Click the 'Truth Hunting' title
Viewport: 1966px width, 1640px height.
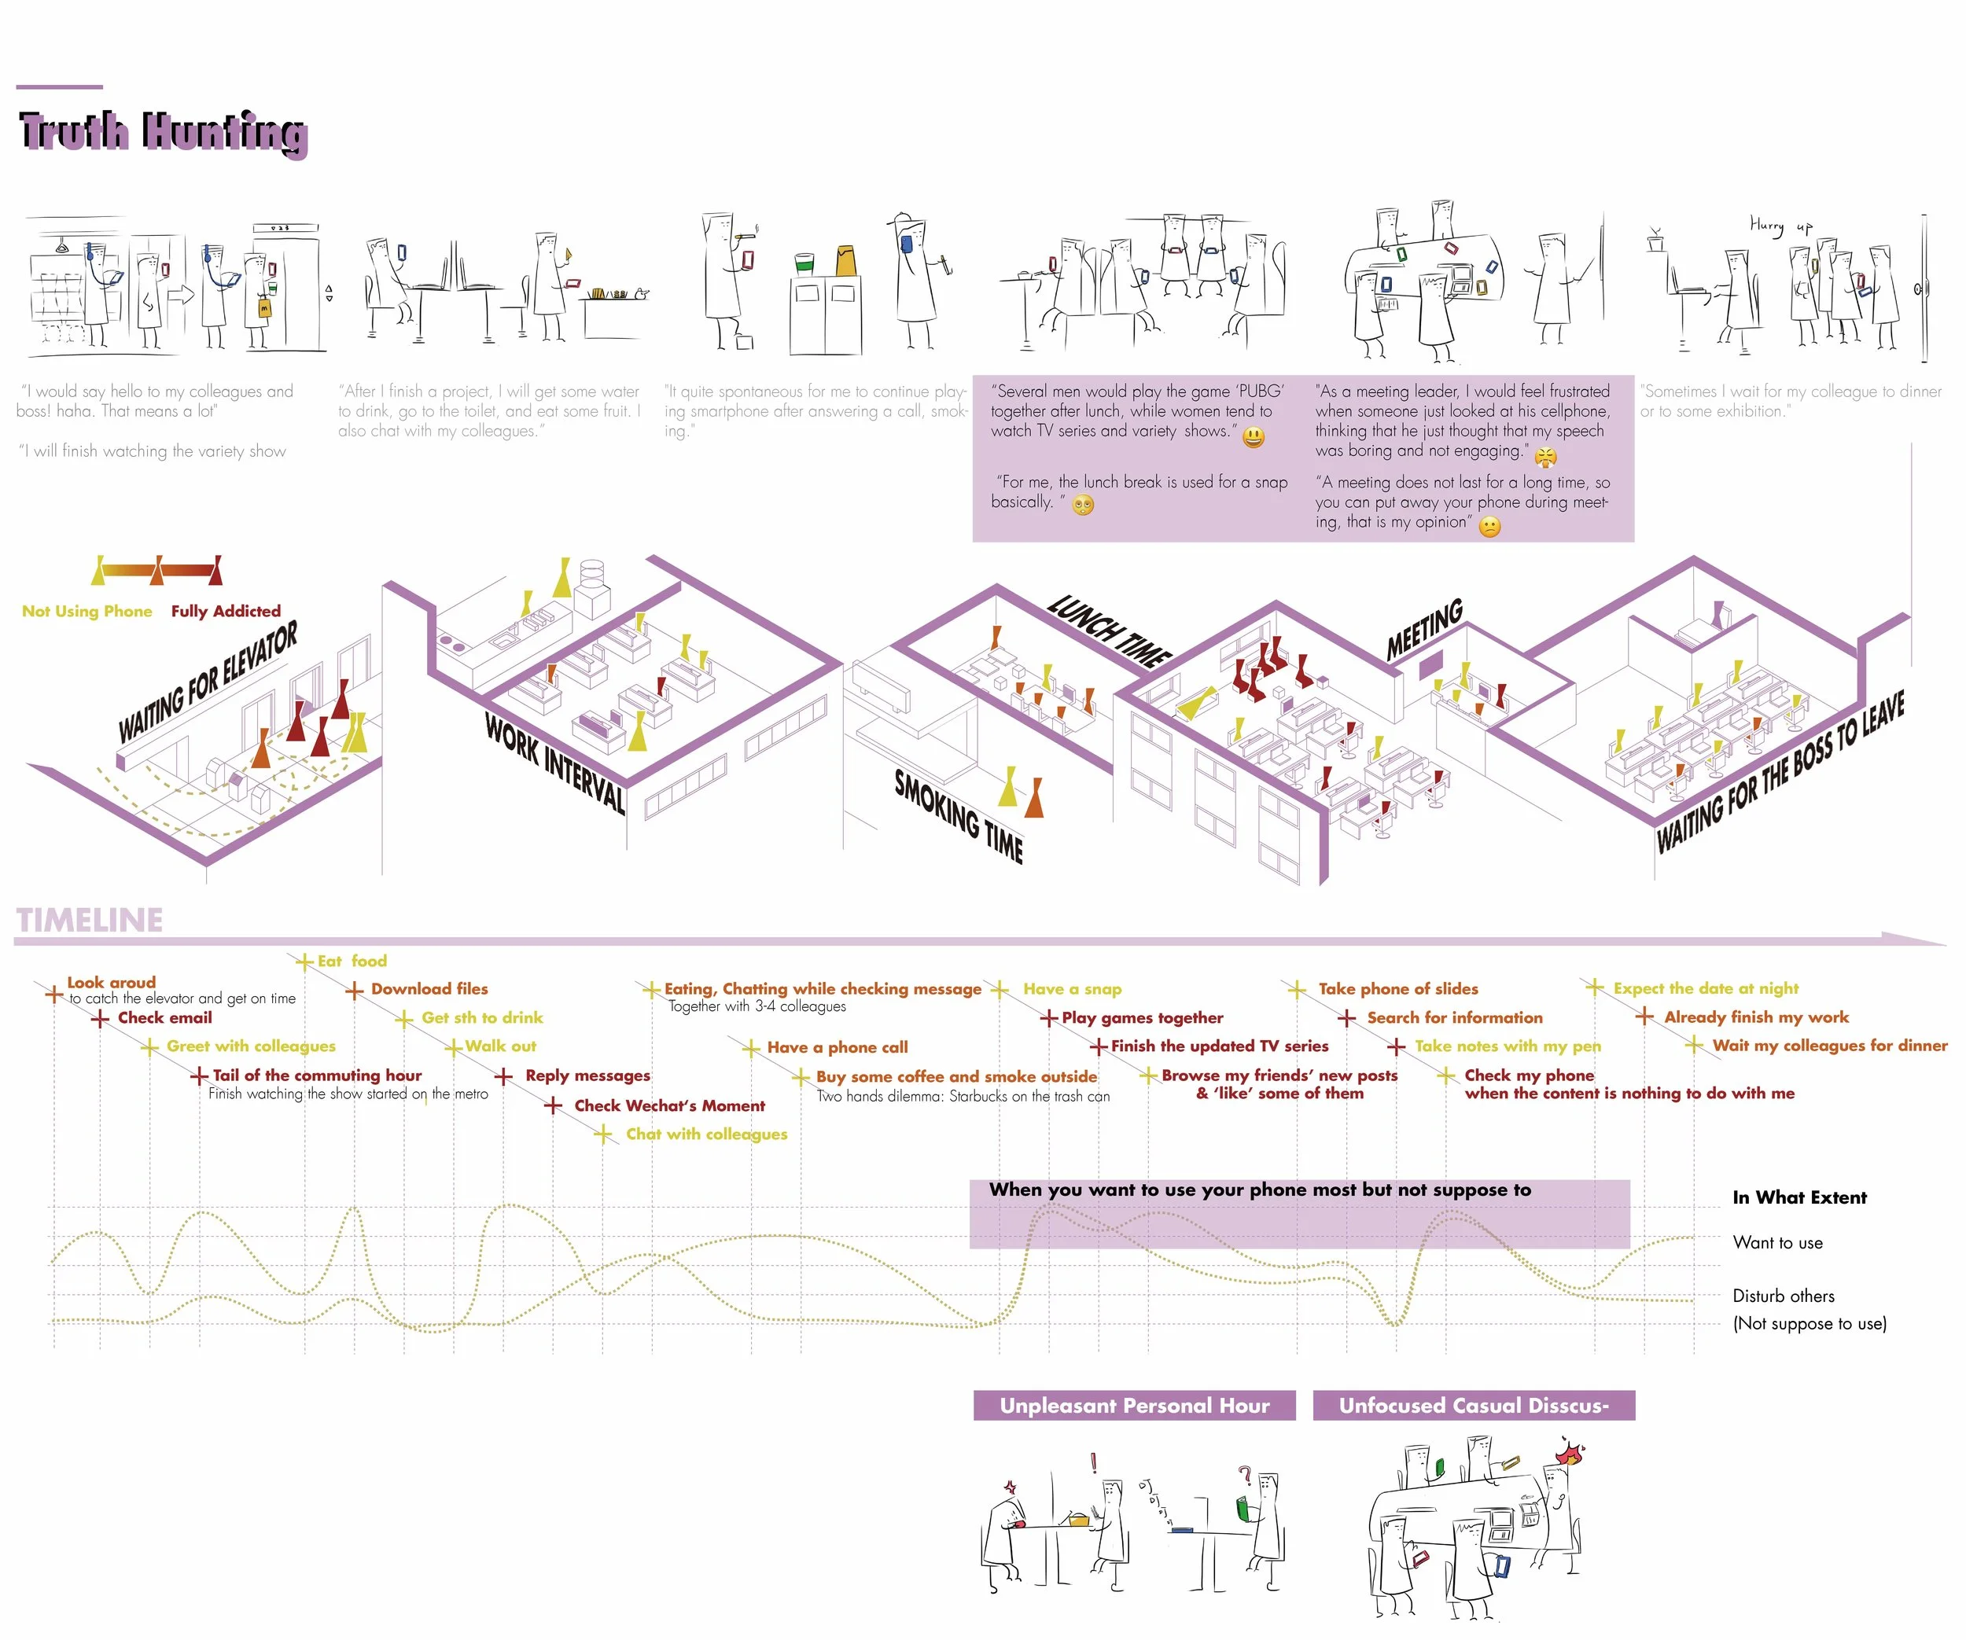[163, 133]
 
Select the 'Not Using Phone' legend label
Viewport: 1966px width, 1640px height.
[87, 611]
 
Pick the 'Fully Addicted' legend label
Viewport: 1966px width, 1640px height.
[226, 611]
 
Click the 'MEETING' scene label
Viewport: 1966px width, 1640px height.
[1424, 629]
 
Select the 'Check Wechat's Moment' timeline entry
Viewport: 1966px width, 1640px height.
[669, 1105]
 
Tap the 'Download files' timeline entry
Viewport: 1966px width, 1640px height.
[429, 988]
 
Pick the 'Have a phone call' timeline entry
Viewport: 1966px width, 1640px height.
[837, 1047]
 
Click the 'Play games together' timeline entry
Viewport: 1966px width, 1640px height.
[1142, 1017]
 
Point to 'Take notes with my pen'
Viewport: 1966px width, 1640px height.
[1508, 1046]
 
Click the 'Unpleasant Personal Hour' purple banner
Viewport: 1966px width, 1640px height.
[1135, 1405]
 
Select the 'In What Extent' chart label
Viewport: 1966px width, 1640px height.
[1799, 1197]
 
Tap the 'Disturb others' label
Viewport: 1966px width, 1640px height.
[1784, 1296]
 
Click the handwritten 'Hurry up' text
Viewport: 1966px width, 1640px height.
[1780, 226]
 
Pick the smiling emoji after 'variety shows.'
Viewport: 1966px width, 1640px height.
[1253, 436]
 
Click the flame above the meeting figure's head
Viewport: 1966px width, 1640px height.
[1569, 1453]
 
